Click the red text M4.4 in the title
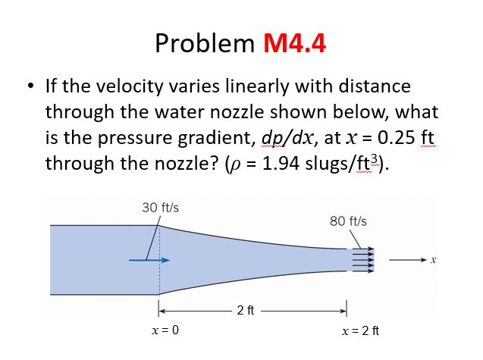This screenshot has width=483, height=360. pos(294,43)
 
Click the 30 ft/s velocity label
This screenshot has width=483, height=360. pos(160,207)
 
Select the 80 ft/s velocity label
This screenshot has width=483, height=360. pos(349,221)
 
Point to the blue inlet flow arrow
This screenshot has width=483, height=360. pos(148,260)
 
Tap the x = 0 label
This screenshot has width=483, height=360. pos(165,330)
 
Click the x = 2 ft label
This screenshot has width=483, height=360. pos(360,330)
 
